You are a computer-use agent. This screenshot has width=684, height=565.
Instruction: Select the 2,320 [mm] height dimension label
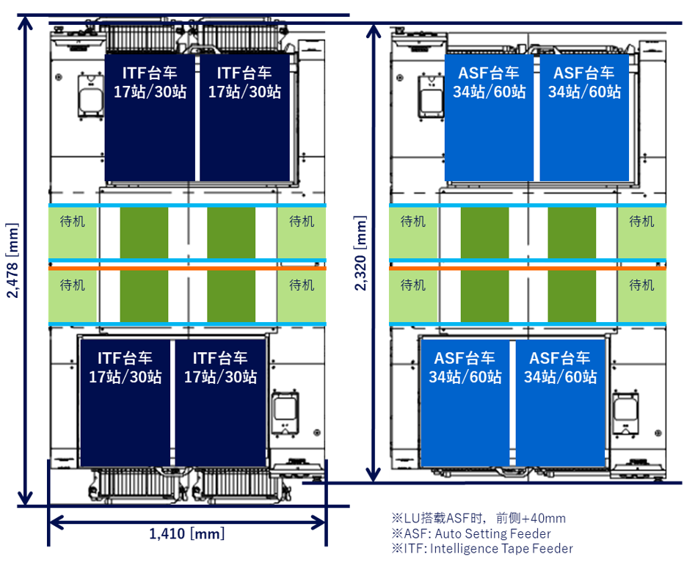(361, 253)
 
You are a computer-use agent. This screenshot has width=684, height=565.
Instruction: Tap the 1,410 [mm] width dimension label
(186, 534)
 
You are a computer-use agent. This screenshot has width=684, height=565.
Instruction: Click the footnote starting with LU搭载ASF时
(479, 519)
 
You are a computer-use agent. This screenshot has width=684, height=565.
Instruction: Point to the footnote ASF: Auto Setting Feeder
(470, 533)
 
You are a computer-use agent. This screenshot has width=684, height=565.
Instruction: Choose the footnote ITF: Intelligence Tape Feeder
(481, 548)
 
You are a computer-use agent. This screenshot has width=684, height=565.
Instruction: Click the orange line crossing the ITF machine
(187, 269)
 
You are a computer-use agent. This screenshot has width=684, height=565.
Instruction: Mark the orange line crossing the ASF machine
(527, 269)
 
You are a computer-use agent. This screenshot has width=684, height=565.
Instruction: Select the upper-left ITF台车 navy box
(150, 117)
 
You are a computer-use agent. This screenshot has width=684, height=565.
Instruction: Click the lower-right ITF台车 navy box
(220, 403)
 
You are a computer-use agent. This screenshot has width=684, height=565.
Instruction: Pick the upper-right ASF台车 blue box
(584, 117)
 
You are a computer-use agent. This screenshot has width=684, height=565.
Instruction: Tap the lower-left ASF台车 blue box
(465, 403)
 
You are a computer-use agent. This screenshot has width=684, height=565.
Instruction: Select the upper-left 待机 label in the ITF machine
(72, 221)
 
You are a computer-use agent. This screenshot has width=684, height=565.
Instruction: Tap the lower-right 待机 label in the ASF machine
(641, 285)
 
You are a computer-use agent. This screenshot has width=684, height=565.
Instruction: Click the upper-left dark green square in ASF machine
(484, 232)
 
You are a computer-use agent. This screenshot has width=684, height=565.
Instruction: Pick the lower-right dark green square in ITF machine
(230, 296)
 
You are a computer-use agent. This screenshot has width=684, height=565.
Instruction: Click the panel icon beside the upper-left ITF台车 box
(87, 97)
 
